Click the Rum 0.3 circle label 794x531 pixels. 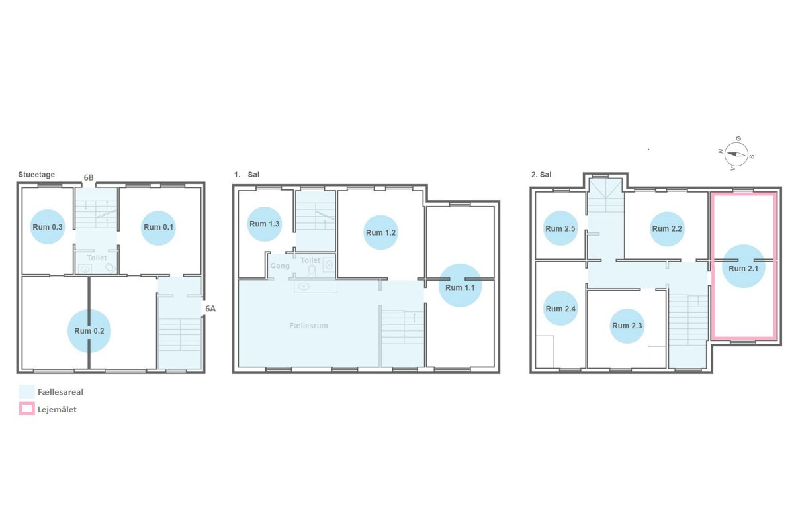48,227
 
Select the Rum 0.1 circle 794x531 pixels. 158,228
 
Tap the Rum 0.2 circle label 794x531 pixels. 89,331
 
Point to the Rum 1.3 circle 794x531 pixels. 265,224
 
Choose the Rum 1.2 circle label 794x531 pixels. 380,232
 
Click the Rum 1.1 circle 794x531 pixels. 460,285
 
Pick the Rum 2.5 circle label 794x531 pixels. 560,228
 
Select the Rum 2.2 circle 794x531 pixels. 667,229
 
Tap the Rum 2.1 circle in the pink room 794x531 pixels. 744,266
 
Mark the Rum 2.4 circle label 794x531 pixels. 560,309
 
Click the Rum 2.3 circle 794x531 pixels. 627,326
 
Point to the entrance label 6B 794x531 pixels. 89,177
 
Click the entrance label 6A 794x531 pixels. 210,309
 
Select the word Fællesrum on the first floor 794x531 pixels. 308,326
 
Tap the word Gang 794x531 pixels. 280,265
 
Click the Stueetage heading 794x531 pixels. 36,175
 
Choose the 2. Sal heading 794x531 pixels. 541,175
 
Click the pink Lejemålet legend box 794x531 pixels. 27,409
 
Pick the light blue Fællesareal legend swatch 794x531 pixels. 27,391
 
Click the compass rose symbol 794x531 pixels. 736,155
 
